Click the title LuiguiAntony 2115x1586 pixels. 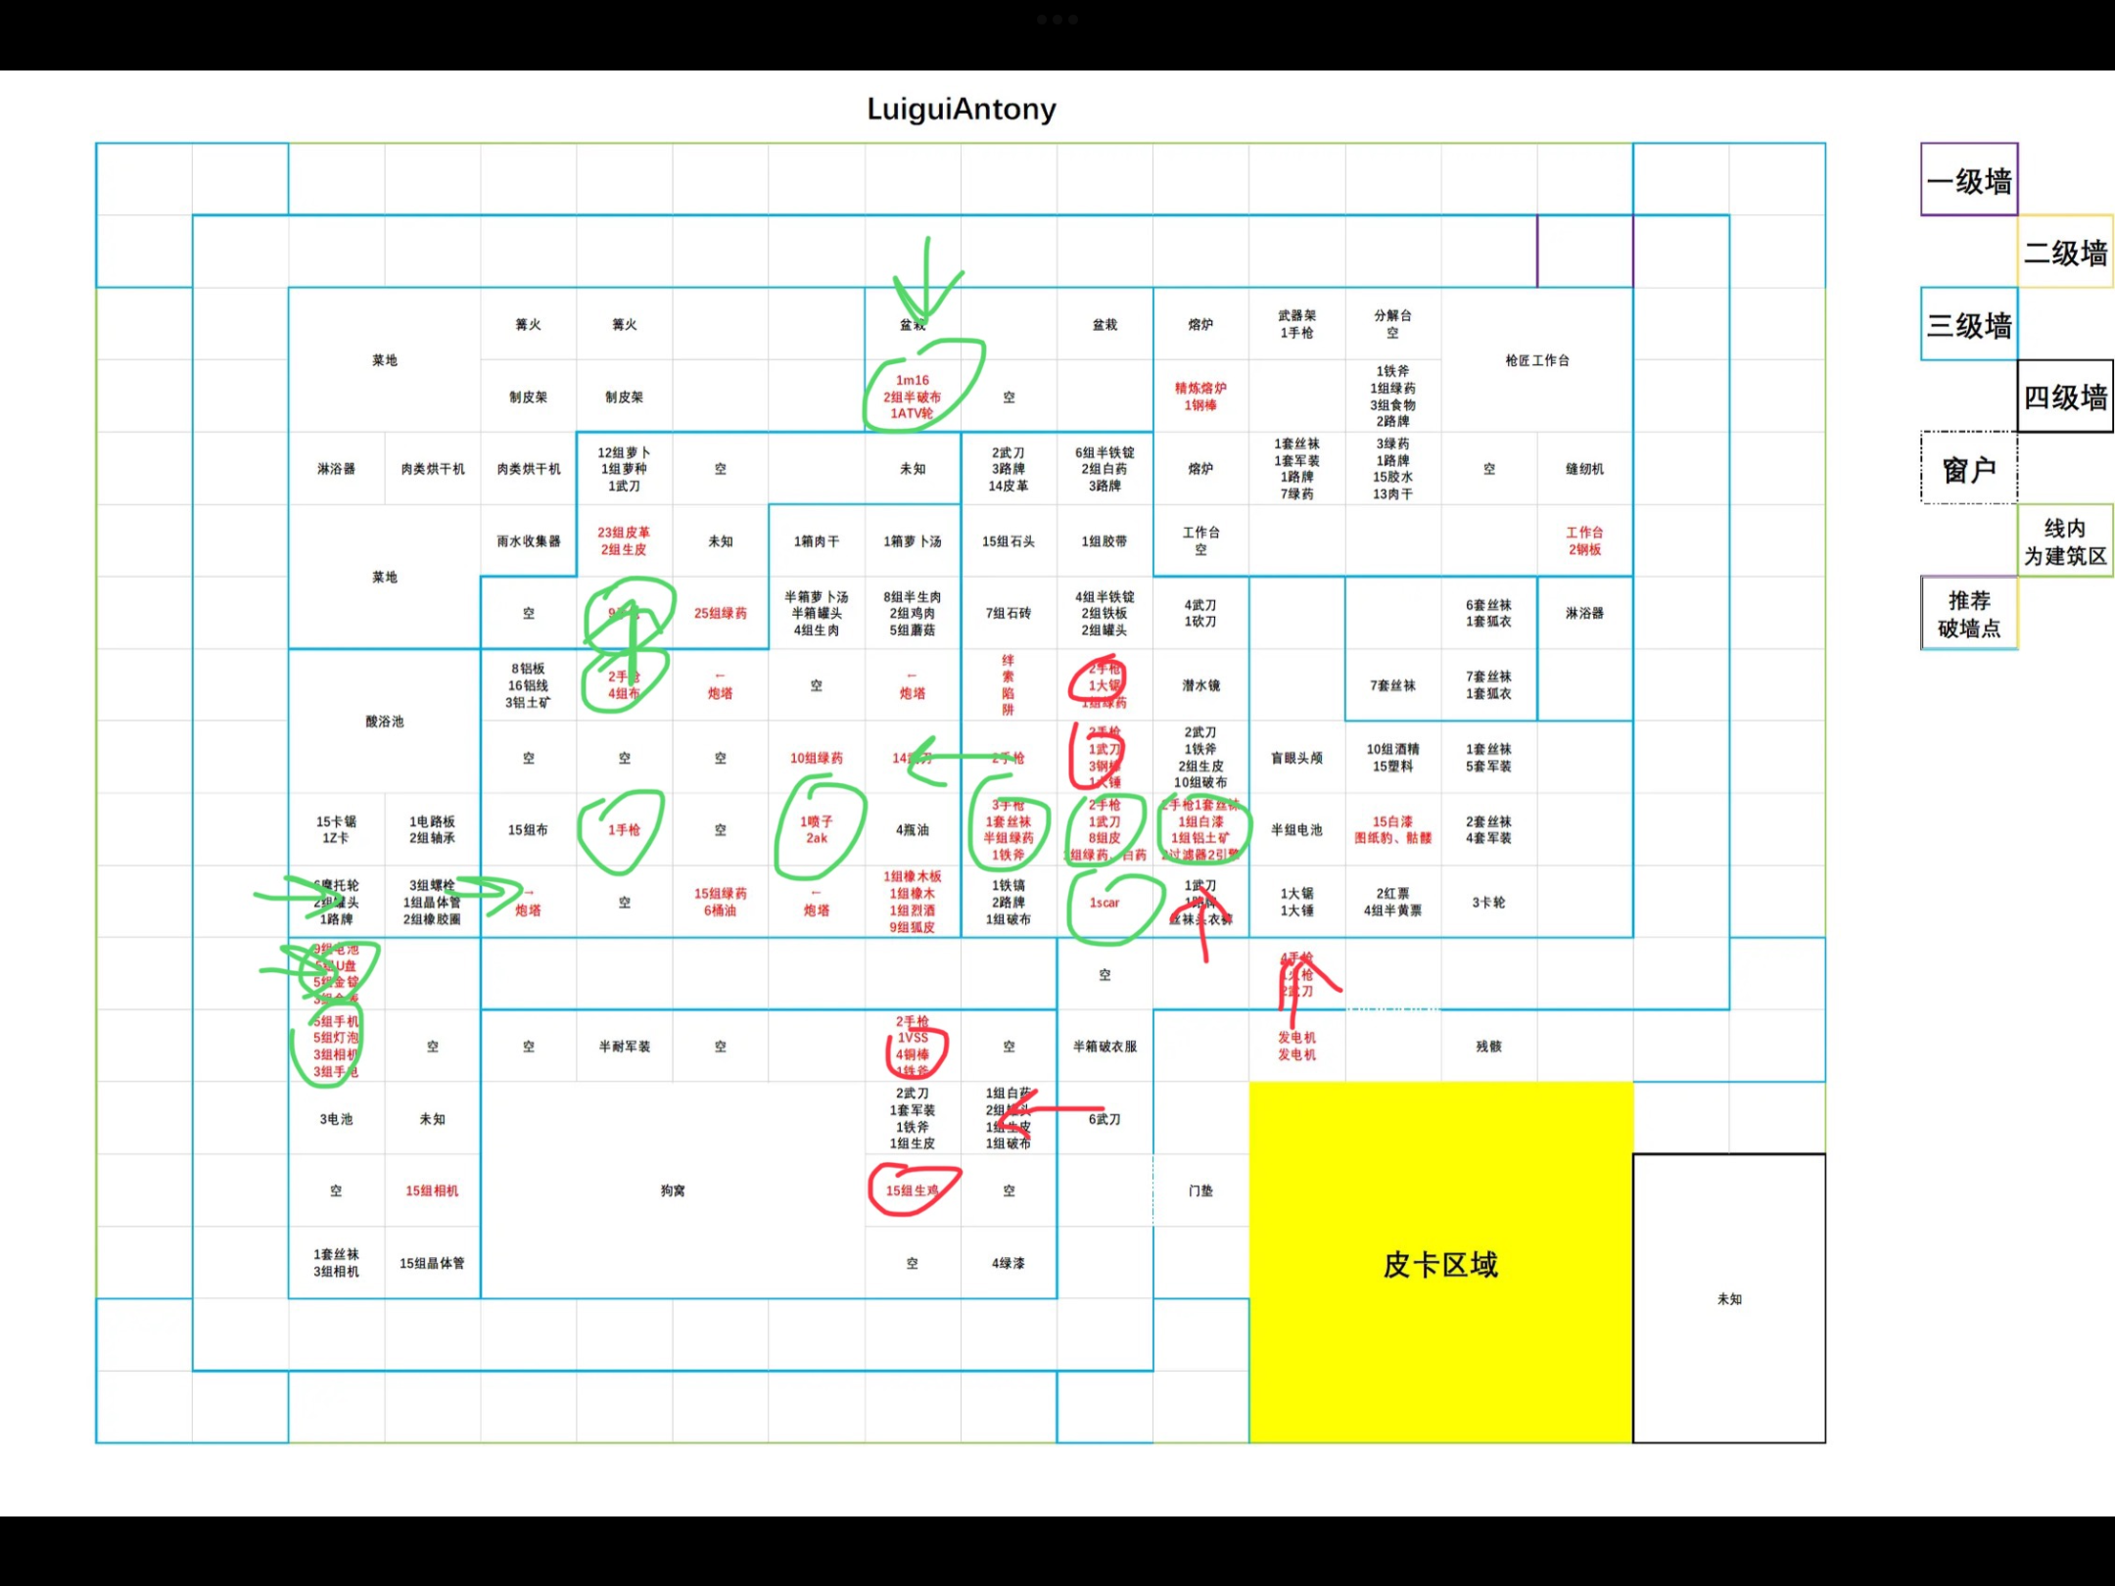click(962, 109)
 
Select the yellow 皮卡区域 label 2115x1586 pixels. click(1439, 1265)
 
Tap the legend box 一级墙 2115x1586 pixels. click(1969, 181)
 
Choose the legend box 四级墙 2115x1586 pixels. click(2065, 397)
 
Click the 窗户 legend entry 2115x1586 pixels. click(1969, 470)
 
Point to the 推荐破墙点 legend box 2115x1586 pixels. click(1969, 614)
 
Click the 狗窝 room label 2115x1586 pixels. click(673, 1190)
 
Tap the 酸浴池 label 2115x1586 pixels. click(385, 722)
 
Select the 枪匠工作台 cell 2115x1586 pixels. click(1536, 360)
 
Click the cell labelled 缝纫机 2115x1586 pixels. click(1584, 469)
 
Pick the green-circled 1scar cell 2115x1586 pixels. click(1104, 903)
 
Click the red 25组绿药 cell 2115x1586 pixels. click(721, 613)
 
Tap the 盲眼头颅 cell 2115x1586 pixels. click(1296, 758)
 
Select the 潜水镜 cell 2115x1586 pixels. click(1200, 685)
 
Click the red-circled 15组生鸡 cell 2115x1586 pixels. click(912, 1190)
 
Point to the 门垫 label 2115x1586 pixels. click(1200, 1190)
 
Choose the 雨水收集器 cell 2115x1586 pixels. click(529, 541)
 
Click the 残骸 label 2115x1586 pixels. click(1488, 1047)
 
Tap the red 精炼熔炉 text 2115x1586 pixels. click(1200, 389)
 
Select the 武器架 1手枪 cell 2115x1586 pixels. click(1296, 324)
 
